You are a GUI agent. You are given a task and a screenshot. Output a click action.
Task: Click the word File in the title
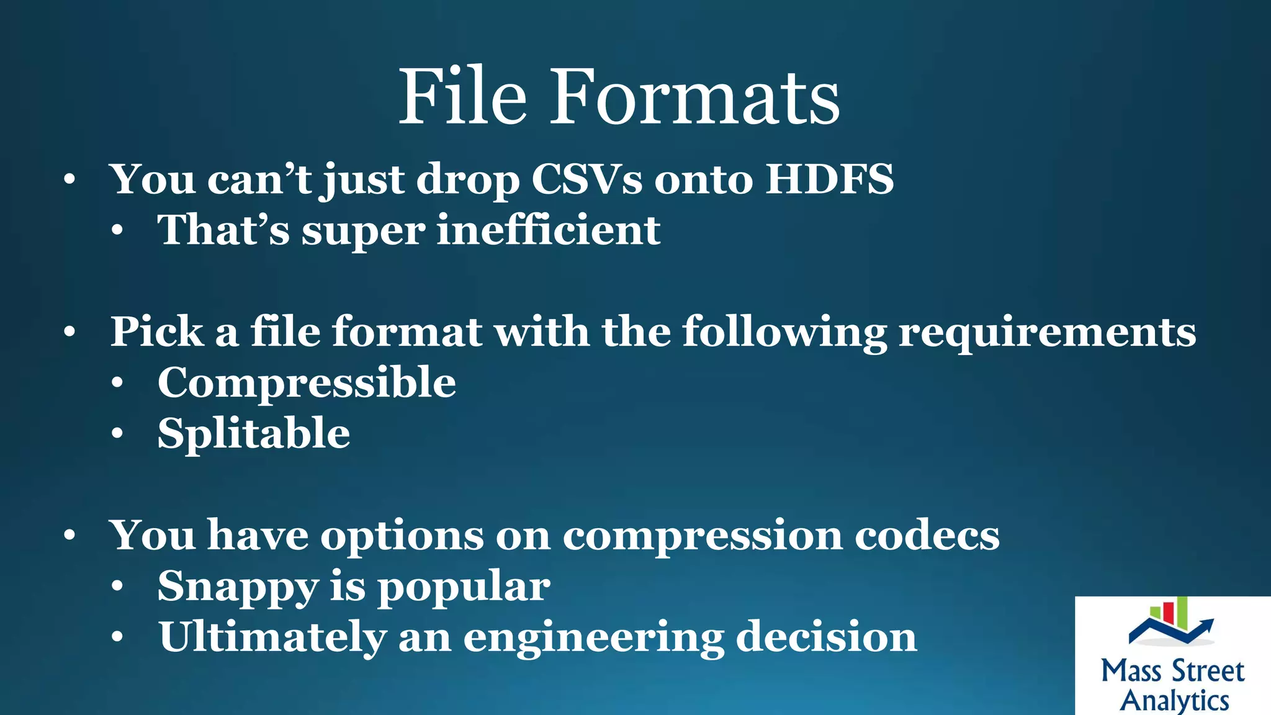[x=462, y=97]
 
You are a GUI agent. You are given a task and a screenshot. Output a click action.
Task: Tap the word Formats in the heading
[x=695, y=97]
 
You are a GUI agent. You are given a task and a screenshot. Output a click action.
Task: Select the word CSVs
[x=586, y=179]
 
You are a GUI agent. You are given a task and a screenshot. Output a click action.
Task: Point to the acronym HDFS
[x=829, y=179]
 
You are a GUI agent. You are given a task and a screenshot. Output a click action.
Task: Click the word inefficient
[x=549, y=230]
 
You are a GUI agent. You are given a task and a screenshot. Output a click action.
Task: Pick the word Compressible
[x=307, y=382]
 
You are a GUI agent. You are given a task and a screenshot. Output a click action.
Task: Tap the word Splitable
[x=253, y=433]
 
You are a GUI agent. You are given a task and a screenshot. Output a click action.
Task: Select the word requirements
[x=1047, y=332]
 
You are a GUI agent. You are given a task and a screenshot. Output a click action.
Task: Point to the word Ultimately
[x=272, y=637]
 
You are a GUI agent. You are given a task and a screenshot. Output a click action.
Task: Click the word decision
[x=826, y=637]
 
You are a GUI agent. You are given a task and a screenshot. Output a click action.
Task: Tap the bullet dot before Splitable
[x=117, y=434]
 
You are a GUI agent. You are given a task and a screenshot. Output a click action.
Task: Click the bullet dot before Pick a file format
[x=70, y=332]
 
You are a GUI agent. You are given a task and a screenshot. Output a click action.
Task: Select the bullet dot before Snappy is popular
[x=117, y=587]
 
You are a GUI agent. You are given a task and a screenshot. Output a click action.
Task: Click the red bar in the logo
[x=1167, y=612]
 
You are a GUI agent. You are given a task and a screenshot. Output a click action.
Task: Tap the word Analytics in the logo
[x=1174, y=701]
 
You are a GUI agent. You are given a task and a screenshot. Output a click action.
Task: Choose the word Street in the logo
[x=1208, y=671]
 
